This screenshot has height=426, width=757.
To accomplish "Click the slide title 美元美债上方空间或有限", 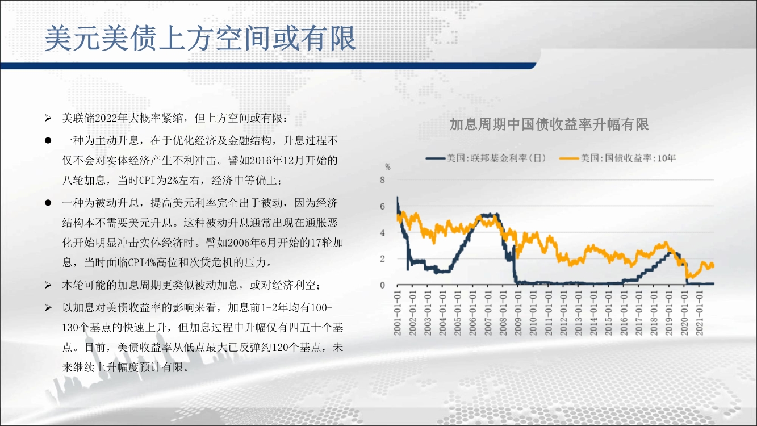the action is click(x=200, y=38).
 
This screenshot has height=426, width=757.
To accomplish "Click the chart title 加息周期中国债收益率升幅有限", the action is click(x=549, y=124).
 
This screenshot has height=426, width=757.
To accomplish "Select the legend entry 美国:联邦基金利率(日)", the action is click(x=486, y=158).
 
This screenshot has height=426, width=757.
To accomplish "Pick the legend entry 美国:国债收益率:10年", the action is click(x=617, y=158).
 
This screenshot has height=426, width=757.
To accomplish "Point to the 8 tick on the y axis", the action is click(x=382, y=180).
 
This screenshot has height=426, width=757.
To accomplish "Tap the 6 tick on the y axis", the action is click(x=382, y=206).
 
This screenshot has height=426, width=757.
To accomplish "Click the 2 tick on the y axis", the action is click(x=382, y=259).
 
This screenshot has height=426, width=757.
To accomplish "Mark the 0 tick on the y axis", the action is click(x=382, y=285).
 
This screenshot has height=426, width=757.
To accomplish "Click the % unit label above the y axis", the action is click(x=388, y=167).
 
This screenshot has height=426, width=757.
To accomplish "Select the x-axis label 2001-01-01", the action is click(x=398, y=314).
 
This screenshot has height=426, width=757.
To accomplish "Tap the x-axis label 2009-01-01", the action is click(x=518, y=314).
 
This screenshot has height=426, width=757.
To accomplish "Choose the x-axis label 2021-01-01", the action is click(x=699, y=314).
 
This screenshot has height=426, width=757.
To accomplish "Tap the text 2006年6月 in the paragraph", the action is click(x=253, y=243).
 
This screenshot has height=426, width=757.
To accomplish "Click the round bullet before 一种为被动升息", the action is click(x=48, y=203).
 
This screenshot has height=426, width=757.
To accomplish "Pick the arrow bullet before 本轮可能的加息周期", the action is click(x=48, y=285).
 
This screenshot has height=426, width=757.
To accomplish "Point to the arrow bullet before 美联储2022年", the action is click(x=48, y=118).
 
